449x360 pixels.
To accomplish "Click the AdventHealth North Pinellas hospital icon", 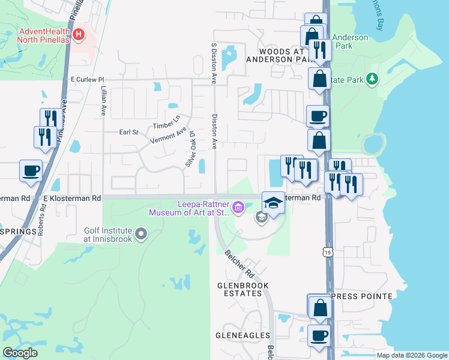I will click(x=77, y=34).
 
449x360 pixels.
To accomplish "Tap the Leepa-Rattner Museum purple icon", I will click(x=238, y=208).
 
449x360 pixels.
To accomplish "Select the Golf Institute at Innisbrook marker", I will click(x=141, y=233).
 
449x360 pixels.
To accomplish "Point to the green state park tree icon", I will click(x=372, y=79).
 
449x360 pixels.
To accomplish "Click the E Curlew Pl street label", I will click(x=87, y=79).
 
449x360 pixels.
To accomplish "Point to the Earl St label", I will click(x=128, y=132).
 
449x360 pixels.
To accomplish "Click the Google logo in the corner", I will click(x=20, y=353).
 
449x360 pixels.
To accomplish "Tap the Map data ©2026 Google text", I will click(x=411, y=355).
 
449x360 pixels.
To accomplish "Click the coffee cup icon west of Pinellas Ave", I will click(x=31, y=170).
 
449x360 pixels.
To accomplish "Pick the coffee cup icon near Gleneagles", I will click(x=319, y=334).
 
